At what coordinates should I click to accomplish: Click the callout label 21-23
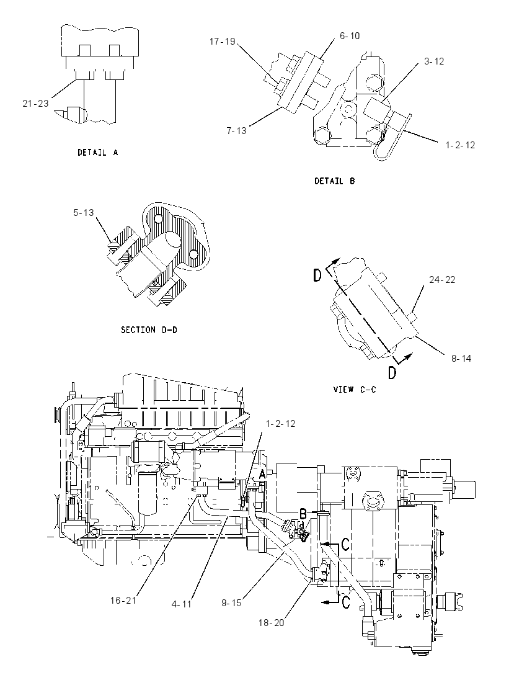[x=35, y=103]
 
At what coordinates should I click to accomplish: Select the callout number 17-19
[x=223, y=41]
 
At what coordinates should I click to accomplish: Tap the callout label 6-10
[x=350, y=36]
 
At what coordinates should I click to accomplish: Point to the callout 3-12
[x=434, y=61]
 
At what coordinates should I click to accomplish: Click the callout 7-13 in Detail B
[x=236, y=130]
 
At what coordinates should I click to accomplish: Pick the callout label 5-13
[x=84, y=212]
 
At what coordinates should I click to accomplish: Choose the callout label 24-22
[x=443, y=280]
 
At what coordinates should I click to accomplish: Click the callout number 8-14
[x=461, y=358]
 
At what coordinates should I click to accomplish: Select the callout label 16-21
[x=123, y=600]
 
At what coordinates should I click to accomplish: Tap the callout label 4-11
[x=182, y=604]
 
